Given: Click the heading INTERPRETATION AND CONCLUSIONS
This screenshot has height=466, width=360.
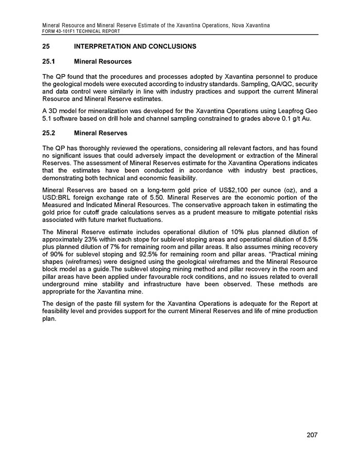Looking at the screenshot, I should point(135,47).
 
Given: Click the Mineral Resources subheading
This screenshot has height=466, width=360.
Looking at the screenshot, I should point(103,62).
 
